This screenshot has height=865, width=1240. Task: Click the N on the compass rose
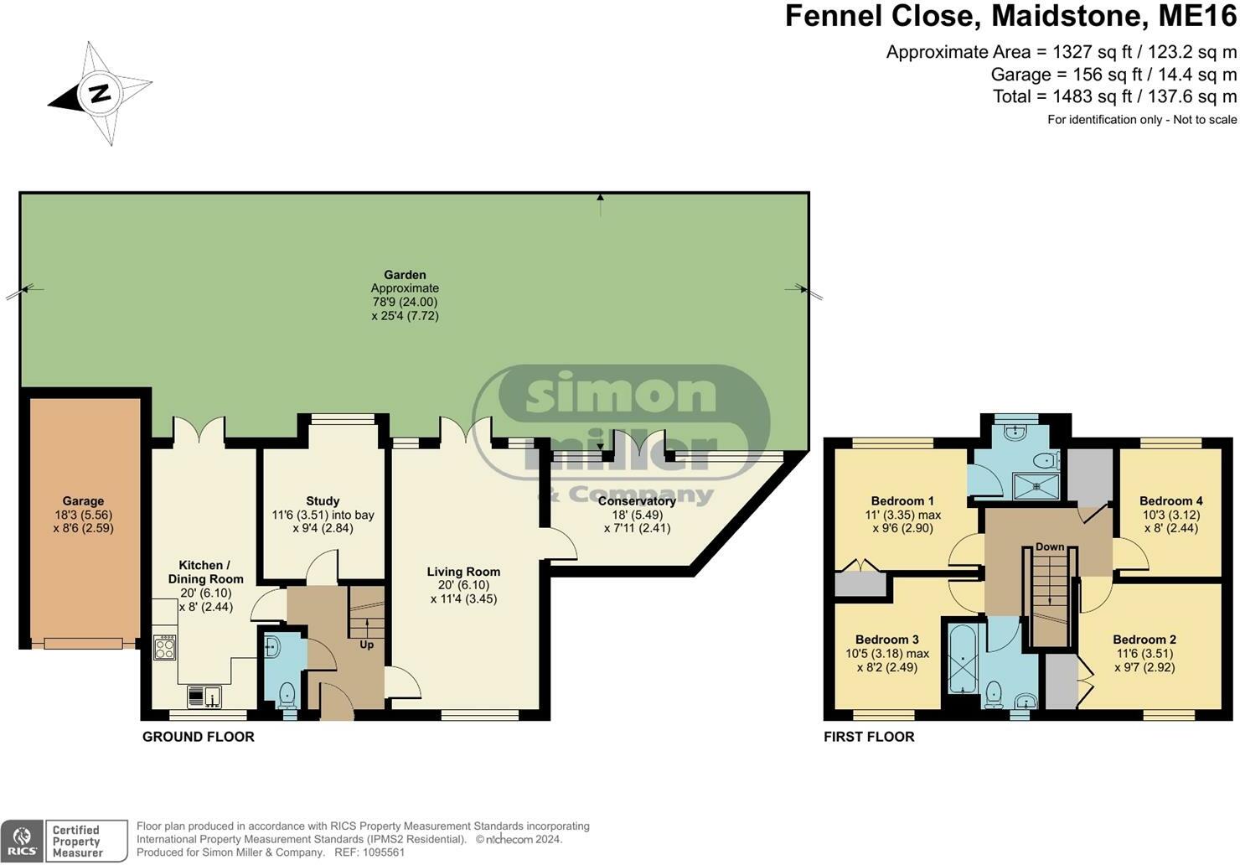click(x=100, y=94)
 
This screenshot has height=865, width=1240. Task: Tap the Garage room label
click(x=83, y=501)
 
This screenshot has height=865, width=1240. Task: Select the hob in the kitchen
click(x=164, y=647)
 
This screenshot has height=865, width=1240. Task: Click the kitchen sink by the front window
click(x=204, y=697)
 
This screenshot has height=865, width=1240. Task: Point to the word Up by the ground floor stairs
click(x=366, y=645)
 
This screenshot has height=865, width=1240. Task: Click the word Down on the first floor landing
click(x=1050, y=546)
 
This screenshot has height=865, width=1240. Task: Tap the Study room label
click(x=323, y=501)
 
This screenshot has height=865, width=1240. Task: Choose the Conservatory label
click(x=637, y=501)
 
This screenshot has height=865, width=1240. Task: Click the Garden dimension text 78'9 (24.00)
click(x=405, y=302)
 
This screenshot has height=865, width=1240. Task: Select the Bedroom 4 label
click(x=1170, y=501)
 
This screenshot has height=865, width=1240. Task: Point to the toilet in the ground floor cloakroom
click(x=287, y=696)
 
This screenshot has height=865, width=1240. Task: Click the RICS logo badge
click(x=22, y=842)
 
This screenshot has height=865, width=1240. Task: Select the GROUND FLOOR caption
click(x=199, y=737)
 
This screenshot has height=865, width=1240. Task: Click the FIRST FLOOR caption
click(x=869, y=737)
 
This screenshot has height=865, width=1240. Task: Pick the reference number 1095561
click(x=383, y=852)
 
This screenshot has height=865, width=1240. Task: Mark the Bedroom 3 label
click(x=887, y=640)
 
